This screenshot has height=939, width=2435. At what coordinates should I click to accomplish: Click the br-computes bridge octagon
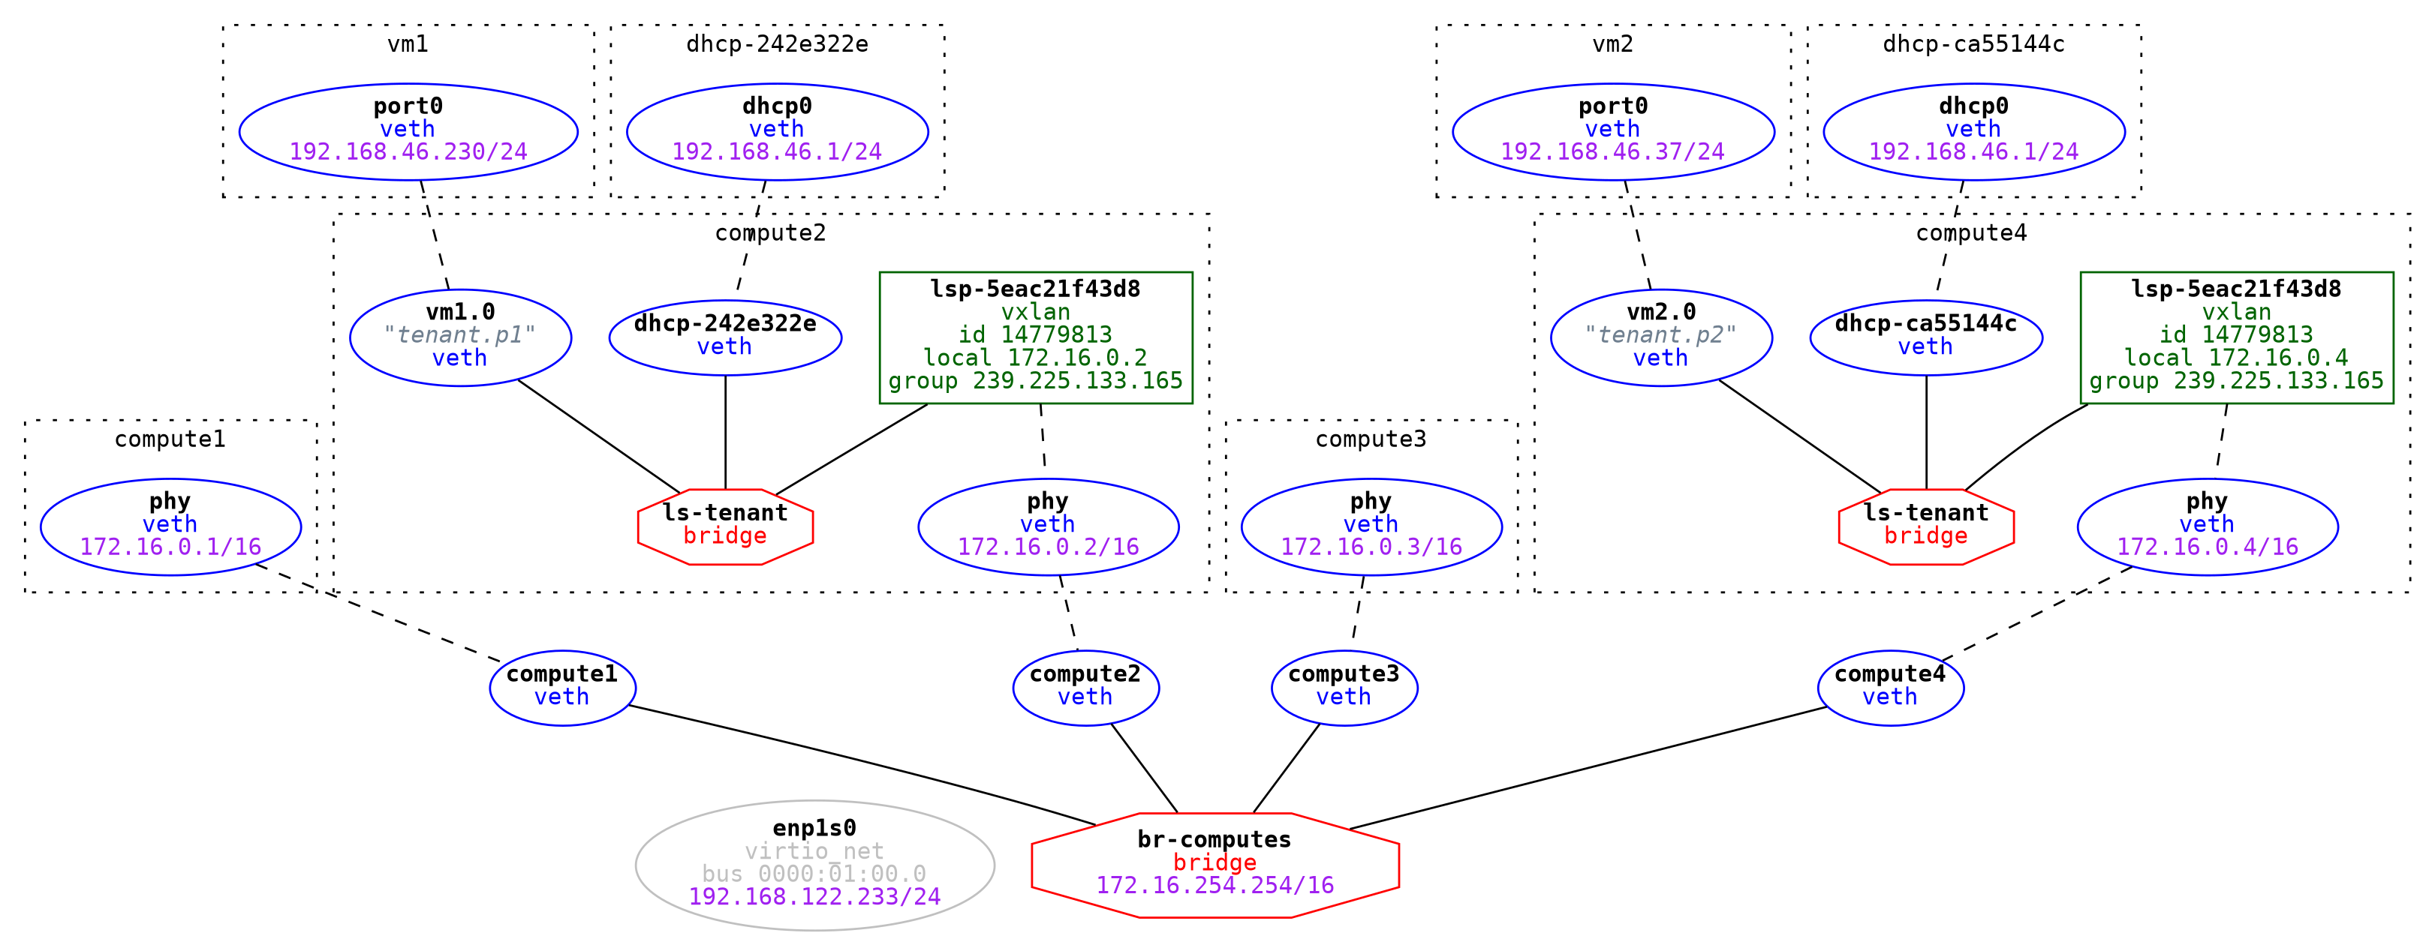pyautogui.click(x=1214, y=863)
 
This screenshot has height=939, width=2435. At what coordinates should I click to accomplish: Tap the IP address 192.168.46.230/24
pyautogui.click(x=408, y=151)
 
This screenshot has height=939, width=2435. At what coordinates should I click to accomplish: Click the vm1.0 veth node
pyautogui.click(x=459, y=337)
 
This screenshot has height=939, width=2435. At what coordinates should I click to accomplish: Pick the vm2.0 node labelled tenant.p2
pyautogui.click(x=1661, y=337)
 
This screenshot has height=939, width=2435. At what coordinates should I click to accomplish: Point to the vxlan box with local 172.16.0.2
pyautogui.click(x=1035, y=337)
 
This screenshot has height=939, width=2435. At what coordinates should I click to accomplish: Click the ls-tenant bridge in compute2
pyautogui.click(x=725, y=526)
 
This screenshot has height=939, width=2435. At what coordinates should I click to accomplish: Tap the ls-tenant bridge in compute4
pyautogui.click(x=1925, y=526)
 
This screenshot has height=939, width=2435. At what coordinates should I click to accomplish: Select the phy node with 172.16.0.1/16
pyautogui.click(x=170, y=526)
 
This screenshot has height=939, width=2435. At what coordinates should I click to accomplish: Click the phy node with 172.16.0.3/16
pyautogui.click(x=1371, y=526)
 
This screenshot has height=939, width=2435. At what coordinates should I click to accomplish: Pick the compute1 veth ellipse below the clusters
pyautogui.click(x=561, y=687)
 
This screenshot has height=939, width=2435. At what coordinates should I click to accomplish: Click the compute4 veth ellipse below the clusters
pyautogui.click(x=1889, y=687)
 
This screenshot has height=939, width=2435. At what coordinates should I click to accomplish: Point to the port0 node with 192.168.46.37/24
pyautogui.click(x=1612, y=131)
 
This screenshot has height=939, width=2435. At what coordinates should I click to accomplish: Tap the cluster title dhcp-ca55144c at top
pyautogui.click(x=1973, y=44)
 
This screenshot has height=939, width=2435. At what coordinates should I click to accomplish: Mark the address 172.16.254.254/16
pyautogui.click(x=1214, y=885)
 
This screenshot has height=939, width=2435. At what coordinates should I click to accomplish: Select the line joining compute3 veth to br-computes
pyautogui.click(x=1286, y=768)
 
